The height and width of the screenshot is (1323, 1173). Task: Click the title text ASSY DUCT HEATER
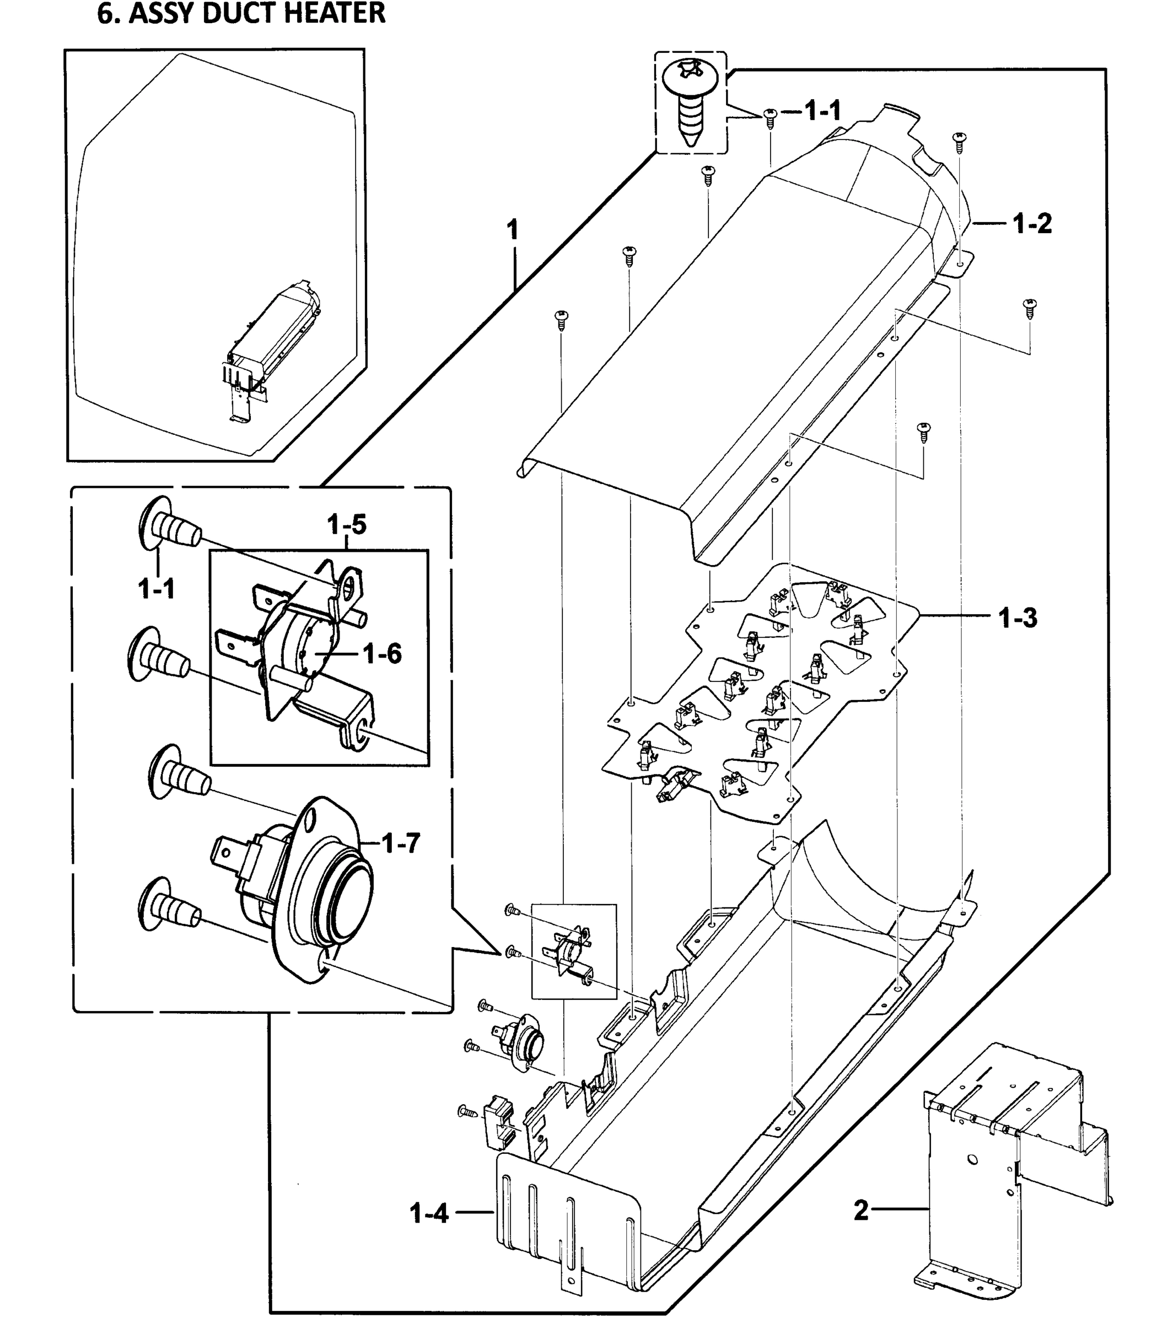tap(241, 13)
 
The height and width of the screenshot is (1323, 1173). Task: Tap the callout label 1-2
tap(1032, 224)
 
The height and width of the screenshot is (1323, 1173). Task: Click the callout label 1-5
tap(346, 524)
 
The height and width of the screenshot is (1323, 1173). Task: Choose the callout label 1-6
tap(383, 654)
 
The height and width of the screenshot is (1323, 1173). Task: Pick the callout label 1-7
tap(401, 843)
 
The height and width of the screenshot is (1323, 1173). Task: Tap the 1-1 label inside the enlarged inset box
tap(156, 589)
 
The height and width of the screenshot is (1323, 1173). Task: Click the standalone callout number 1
tap(512, 230)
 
